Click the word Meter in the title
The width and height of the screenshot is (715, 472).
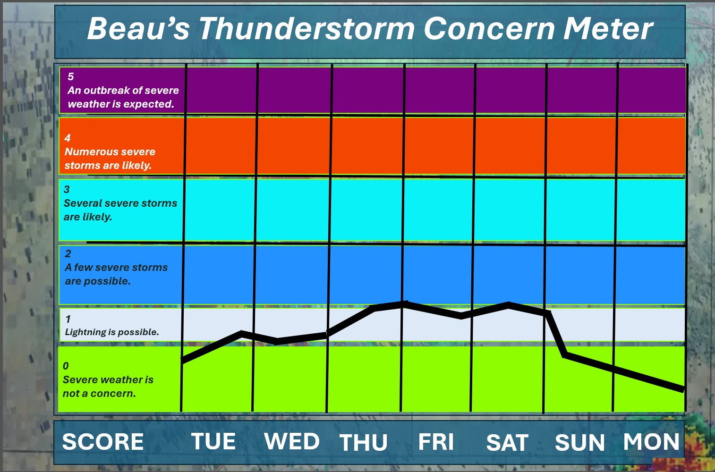pyautogui.click(x=608, y=28)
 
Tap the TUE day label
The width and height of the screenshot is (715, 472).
pyautogui.click(x=213, y=441)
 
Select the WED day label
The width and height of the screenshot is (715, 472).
pyautogui.click(x=292, y=441)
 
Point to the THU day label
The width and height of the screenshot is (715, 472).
pyautogui.click(x=363, y=443)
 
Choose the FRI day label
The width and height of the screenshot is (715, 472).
pyautogui.click(x=436, y=442)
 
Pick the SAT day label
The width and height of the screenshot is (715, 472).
pyautogui.click(x=507, y=443)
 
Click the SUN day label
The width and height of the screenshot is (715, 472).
pyautogui.click(x=579, y=443)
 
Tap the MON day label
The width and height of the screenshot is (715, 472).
pyautogui.click(x=651, y=442)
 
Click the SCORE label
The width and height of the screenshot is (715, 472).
pyautogui.click(x=103, y=442)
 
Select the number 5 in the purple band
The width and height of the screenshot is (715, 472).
pyautogui.click(x=71, y=76)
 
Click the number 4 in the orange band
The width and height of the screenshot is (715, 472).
pyautogui.click(x=68, y=138)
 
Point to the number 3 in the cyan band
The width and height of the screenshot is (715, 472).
pyautogui.click(x=67, y=189)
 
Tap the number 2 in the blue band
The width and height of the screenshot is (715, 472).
pyautogui.click(x=68, y=253)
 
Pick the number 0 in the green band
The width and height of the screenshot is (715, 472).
pyautogui.click(x=66, y=366)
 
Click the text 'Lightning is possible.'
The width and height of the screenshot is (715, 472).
pyautogui.click(x=112, y=332)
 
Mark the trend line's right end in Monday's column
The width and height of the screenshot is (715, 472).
pyautogui.click(x=683, y=389)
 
